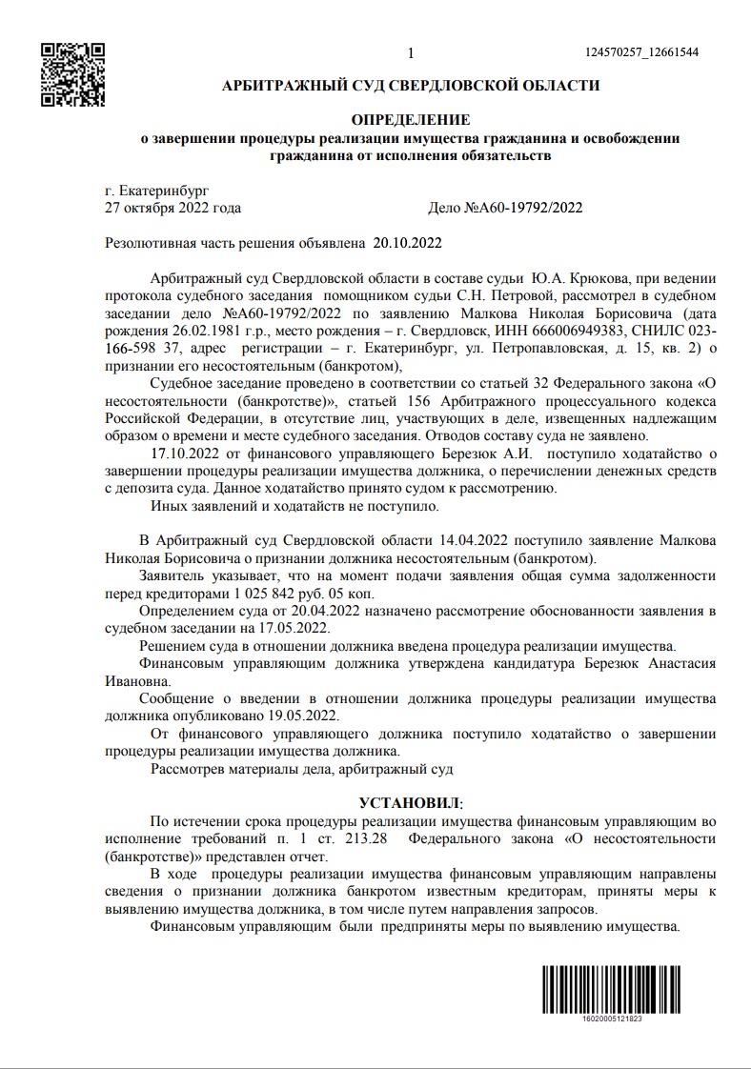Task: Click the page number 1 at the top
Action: point(410,53)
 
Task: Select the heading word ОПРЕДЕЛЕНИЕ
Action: point(411,120)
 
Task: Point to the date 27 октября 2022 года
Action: point(173,208)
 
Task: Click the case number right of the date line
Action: point(506,208)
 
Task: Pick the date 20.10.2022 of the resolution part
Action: point(408,242)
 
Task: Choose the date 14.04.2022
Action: point(474,540)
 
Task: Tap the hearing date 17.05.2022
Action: point(297,628)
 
